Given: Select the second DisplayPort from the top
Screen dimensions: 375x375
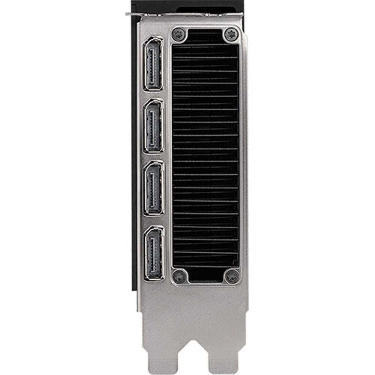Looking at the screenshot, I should click(153, 126).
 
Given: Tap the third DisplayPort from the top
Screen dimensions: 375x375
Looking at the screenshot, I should click(154, 188).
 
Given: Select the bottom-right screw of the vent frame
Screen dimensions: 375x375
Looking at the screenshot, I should click(232, 276).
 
